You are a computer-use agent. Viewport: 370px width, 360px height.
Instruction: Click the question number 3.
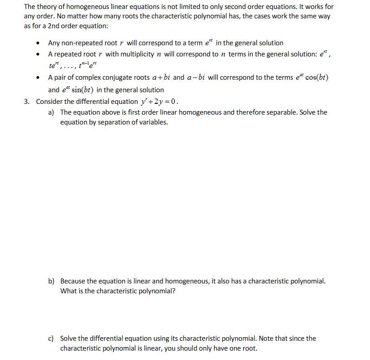click(x=27, y=101)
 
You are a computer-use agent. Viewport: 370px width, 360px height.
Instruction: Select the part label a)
click(x=52, y=112)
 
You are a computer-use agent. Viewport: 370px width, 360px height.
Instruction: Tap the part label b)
click(x=52, y=281)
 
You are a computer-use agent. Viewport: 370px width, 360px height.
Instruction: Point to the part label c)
click(x=52, y=339)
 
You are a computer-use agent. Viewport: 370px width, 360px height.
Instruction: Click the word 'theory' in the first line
click(x=48, y=7)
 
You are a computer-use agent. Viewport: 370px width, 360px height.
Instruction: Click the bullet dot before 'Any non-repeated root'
click(x=39, y=43)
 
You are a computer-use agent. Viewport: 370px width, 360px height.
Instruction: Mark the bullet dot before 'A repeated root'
click(x=39, y=55)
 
